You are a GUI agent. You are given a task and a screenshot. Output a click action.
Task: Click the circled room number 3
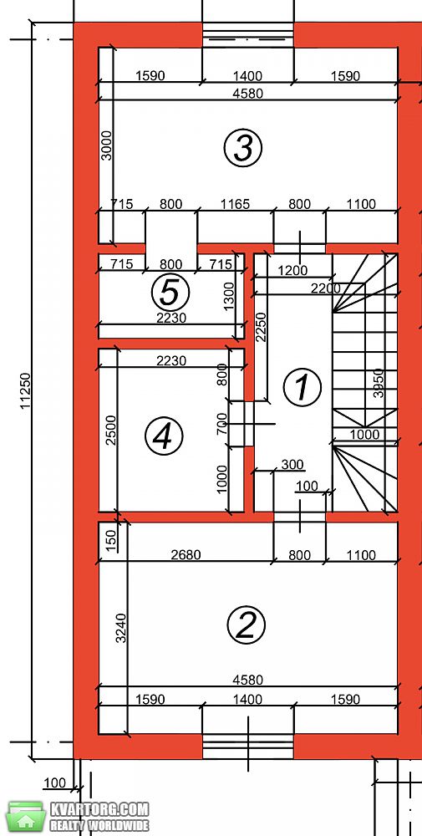click(x=243, y=148)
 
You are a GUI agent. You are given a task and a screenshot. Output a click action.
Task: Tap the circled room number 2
click(x=247, y=624)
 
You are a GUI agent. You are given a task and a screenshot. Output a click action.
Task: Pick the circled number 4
click(x=164, y=436)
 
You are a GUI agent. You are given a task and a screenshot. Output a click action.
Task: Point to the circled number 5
click(x=170, y=292)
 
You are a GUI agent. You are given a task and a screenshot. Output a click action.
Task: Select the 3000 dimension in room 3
click(x=108, y=145)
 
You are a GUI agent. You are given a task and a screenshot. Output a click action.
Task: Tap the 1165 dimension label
click(x=235, y=204)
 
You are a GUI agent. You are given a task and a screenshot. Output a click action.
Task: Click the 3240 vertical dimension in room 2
click(x=121, y=628)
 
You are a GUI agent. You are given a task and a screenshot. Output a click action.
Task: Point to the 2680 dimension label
click(x=186, y=555)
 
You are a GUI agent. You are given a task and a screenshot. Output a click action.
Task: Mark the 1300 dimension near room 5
click(x=229, y=297)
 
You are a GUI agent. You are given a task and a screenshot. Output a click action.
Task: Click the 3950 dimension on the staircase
click(x=379, y=383)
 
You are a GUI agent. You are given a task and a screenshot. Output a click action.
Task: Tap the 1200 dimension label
click(x=292, y=270)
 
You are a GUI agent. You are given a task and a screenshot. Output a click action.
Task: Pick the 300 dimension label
click(x=292, y=465)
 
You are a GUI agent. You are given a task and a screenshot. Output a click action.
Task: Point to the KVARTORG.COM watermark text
click(x=99, y=809)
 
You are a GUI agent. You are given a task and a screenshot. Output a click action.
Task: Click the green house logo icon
click(x=25, y=817)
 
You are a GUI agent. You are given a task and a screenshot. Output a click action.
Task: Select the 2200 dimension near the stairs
click(x=325, y=288)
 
